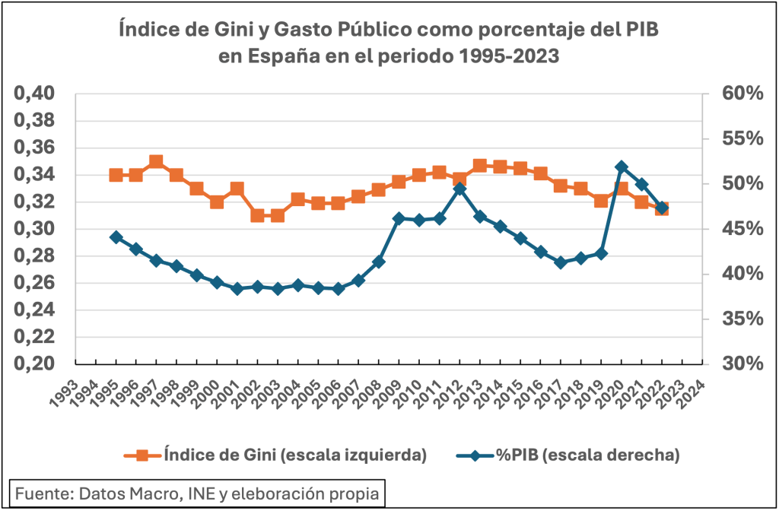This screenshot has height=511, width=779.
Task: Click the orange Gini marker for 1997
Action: pos(156,161)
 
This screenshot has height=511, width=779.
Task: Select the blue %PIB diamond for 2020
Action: pos(622,167)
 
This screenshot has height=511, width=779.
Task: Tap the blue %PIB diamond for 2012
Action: pos(459,188)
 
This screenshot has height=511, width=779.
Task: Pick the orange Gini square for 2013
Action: pos(480,166)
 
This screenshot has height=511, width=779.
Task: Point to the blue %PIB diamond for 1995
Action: pos(116,237)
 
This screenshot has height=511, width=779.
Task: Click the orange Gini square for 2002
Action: pos(257,215)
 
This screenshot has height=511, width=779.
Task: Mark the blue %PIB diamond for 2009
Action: pos(399,218)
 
